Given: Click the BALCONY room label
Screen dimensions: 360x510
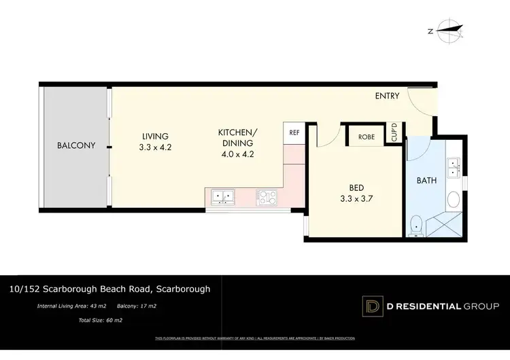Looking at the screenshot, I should click(75, 145).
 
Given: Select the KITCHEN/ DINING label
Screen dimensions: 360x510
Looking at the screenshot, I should click(236, 137).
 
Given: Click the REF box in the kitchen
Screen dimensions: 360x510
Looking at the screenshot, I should click(294, 133).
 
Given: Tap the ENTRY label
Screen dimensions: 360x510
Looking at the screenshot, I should click(388, 96).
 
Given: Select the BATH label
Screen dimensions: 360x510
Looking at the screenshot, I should click(427, 180).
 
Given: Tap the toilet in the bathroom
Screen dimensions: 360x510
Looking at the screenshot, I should click(417, 225).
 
